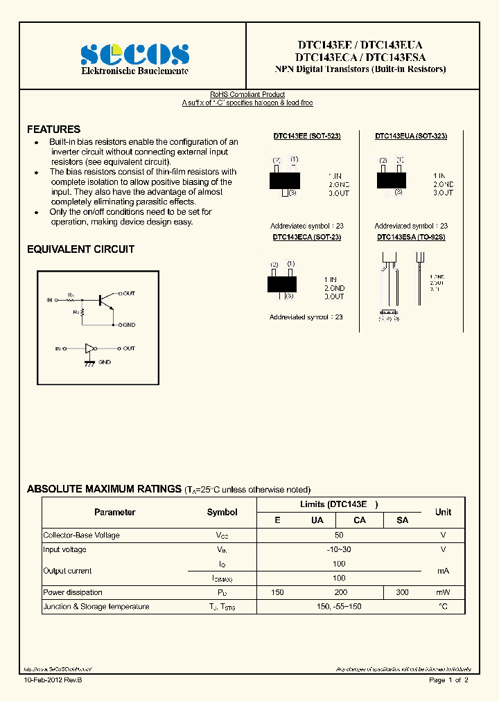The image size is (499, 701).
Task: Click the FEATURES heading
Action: [53, 130]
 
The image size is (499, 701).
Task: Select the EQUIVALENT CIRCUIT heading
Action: [80, 249]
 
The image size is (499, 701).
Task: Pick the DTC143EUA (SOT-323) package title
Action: [411, 136]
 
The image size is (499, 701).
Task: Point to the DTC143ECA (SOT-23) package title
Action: [306, 237]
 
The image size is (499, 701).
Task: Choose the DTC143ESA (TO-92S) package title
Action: [410, 237]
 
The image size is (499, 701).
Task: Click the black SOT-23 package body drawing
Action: [281, 284]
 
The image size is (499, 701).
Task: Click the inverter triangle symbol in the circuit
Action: [89, 348]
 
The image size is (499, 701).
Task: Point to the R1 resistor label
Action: [71, 295]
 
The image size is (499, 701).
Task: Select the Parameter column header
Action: [114, 513]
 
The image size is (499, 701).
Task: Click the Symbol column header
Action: [222, 513]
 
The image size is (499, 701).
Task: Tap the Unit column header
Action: [443, 513]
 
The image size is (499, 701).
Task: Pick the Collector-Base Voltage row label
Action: [81, 535]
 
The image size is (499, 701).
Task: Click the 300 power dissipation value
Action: [401, 592]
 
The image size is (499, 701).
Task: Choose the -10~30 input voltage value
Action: [339, 549]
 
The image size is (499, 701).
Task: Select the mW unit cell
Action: [443, 592]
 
